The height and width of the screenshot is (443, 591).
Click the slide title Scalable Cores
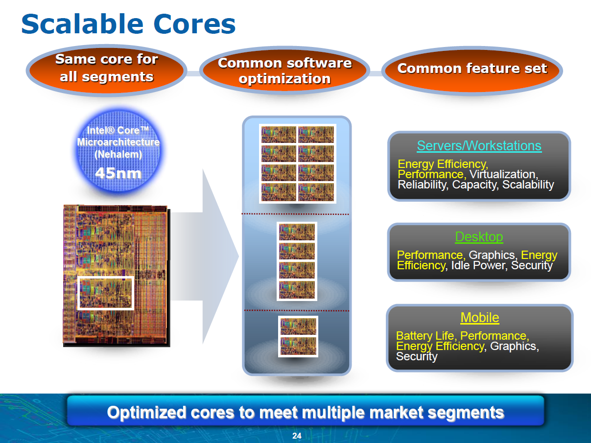[x=128, y=24]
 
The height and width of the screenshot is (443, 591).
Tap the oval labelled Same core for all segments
[x=107, y=70]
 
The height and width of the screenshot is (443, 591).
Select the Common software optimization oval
[x=284, y=70]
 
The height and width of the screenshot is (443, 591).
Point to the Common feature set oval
[x=472, y=70]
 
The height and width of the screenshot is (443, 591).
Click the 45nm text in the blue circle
[x=118, y=173]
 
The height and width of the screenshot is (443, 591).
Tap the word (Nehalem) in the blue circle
[x=118, y=155]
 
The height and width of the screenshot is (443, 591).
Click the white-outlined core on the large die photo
[x=106, y=293]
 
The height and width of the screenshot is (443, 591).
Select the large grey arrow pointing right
[x=205, y=256]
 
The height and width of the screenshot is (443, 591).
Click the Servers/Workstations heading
[x=479, y=146]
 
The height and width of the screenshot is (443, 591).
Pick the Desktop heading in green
[x=479, y=237]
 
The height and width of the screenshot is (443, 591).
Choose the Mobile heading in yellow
[x=480, y=318]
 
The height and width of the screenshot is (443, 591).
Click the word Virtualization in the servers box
[x=504, y=174]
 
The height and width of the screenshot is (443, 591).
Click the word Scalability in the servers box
[x=528, y=185]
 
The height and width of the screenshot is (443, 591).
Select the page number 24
[x=297, y=436]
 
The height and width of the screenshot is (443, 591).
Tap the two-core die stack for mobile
[x=298, y=336]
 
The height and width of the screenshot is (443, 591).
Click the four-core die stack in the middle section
[x=297, y=261]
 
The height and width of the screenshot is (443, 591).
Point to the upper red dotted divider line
[x=295, y=214]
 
